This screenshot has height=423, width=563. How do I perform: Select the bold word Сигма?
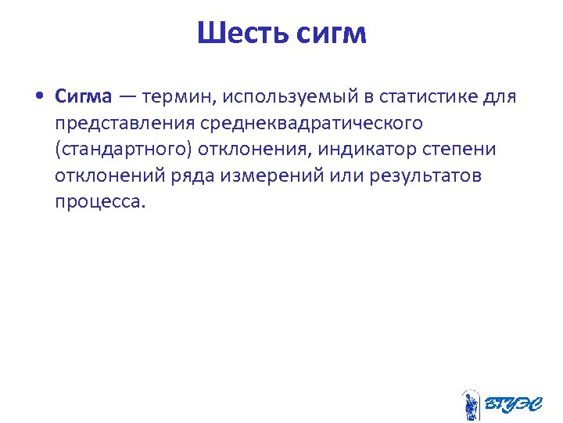[x=84, y=96]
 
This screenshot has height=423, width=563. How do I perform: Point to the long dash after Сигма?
[x=127, y=96]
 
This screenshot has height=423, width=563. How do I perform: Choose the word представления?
[x=124, y=123]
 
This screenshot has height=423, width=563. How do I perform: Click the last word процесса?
[x=100, y=201]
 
